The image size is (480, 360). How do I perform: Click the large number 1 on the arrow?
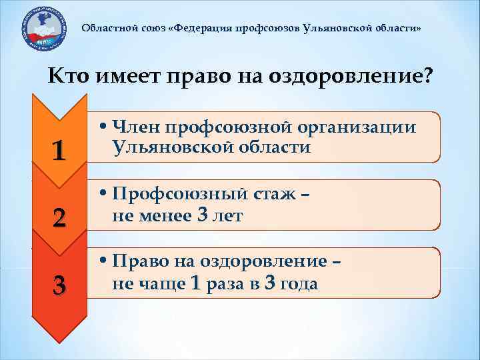coord(59,151)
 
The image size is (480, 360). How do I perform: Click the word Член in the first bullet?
coord(137,127)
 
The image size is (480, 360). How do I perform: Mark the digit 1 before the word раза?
coord(195,284)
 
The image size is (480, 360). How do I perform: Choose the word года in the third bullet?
coord(299,284)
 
